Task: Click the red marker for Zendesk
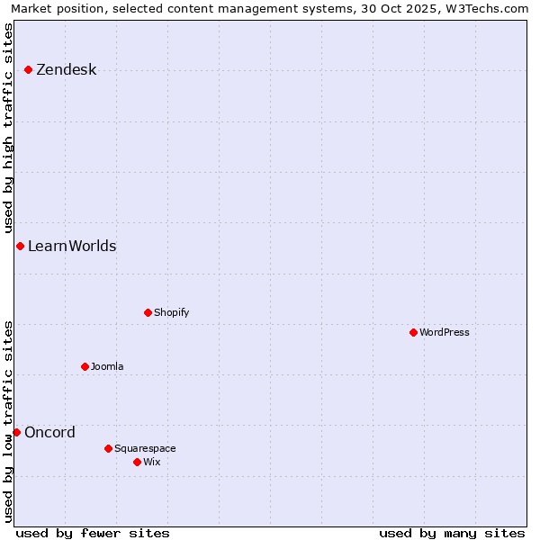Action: (x=29, y=69)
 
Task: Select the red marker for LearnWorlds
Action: (x=20, y=246)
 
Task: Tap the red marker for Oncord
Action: (x=16, y=432)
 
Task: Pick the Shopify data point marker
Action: (x=148, y=312)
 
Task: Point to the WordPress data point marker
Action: (x=413, y=332)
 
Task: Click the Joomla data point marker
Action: (x=85, y=366)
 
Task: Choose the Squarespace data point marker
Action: (x=108, y=448)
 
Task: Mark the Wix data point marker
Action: (x=137, y=462)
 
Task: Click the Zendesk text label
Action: (x=67, y=70)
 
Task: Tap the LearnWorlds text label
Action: (x=72, y=247)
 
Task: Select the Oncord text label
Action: (x=50, y=433)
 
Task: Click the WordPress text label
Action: (x=445, y=333)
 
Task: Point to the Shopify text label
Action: (x=172, y=313)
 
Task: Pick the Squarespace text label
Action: (x=145, y=449)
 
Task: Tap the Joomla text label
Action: (x=107, y=367)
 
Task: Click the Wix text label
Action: (x=152, y=463)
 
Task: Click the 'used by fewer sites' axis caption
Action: (x=93, y=534)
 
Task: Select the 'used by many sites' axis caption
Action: (x=452, y=534)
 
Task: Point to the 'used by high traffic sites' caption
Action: (x=9, y=126)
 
